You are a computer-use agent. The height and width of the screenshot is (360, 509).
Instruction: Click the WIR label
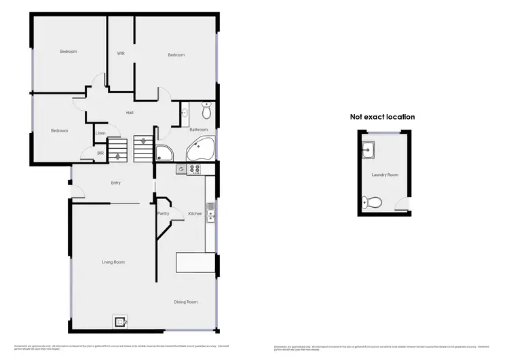pos(121,53)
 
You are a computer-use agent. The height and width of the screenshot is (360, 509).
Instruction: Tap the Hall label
pos(129,113)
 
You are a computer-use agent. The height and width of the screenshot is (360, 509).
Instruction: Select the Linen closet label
pos(100,132)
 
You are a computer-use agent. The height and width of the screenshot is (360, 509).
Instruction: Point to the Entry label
pos(115,183)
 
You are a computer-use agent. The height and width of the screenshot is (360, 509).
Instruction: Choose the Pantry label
pos(163,214)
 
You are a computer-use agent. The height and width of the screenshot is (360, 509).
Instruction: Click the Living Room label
pos(113,262)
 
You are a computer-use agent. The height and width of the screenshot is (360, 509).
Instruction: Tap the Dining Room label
pos(186,302)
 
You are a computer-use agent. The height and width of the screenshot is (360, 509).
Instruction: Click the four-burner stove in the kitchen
pos(195,169)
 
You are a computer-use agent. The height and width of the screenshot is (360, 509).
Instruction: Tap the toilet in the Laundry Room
pos(371,202)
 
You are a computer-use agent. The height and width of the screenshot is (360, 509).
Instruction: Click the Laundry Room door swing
pos(403,202)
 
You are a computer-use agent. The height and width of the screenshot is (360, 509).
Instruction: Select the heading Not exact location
pos(382,117)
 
